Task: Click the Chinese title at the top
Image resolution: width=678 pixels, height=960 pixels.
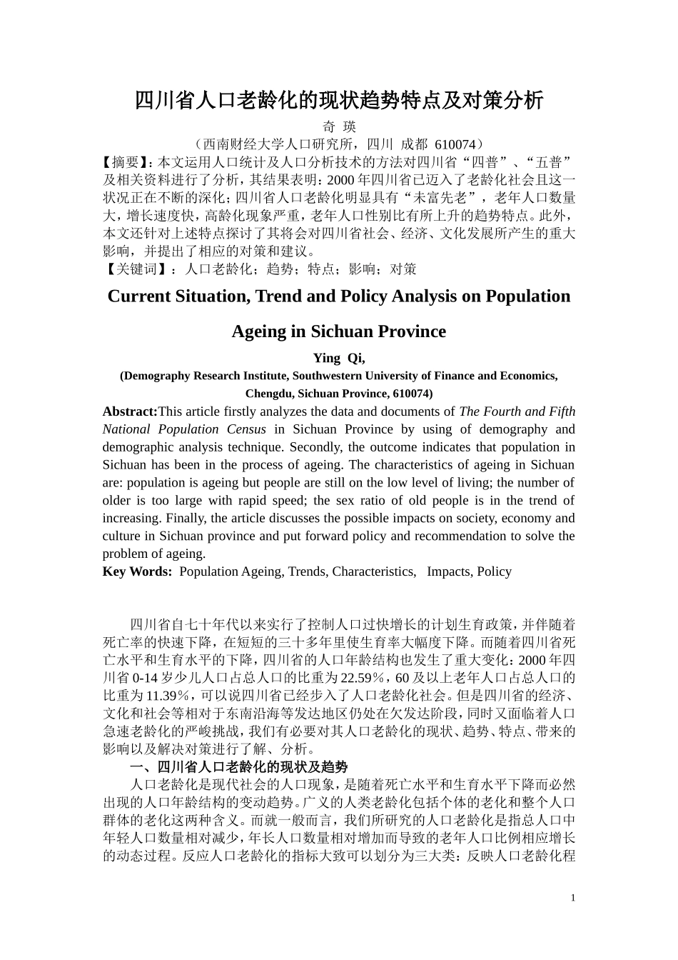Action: (x=339, y=100)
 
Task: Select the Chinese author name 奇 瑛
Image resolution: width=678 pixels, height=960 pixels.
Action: (x=339, y=127)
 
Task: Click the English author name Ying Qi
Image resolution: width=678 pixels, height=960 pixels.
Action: (x=338, y=359)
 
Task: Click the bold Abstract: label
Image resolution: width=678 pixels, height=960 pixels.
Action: (x=130, y=411)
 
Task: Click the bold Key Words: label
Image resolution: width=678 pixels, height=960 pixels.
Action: (x=137, y=571)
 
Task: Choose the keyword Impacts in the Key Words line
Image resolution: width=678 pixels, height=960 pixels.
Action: (x=448, y=571)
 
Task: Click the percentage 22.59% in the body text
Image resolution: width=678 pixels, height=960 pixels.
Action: (x=364, y=678)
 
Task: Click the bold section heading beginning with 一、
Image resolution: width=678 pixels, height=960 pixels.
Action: (x=238, y=767)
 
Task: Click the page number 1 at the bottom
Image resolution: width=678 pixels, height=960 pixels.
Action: (x=572, y=898)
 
